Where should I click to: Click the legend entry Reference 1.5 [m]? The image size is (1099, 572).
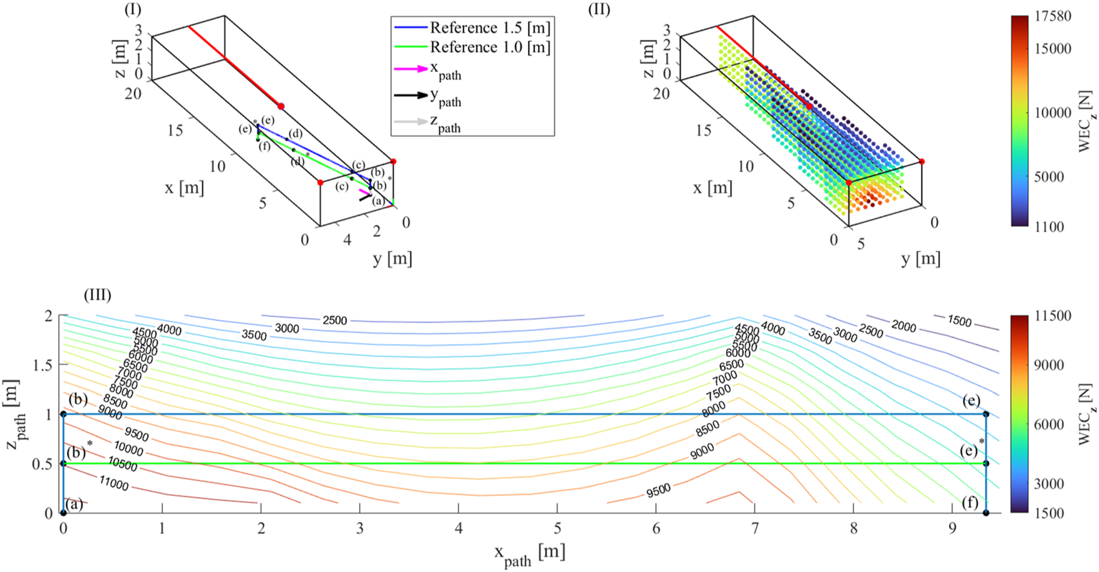point(490,28)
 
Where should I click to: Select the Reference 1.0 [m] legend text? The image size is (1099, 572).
point(490,47)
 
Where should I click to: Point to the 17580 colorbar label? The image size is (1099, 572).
point(1053,16)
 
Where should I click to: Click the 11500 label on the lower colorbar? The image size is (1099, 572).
point(1053,316)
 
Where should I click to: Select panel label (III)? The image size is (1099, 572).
point(97,295)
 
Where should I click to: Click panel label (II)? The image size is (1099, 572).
point(599,10)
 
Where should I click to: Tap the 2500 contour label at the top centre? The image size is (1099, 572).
point(335,320)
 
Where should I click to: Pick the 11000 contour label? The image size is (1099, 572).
point(113,482)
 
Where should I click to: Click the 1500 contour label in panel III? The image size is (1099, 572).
point(959,321)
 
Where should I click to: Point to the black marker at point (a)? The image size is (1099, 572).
point(63,513)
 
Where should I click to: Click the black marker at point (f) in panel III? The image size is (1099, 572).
point(986,513)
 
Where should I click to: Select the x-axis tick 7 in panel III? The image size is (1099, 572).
point(755,529)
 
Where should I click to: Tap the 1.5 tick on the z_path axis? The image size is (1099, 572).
point(43,365)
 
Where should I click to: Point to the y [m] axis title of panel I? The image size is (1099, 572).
point(392,259)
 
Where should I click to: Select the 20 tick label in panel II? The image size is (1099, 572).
point(661,94)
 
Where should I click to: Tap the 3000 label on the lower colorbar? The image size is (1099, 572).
point(1049,484)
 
